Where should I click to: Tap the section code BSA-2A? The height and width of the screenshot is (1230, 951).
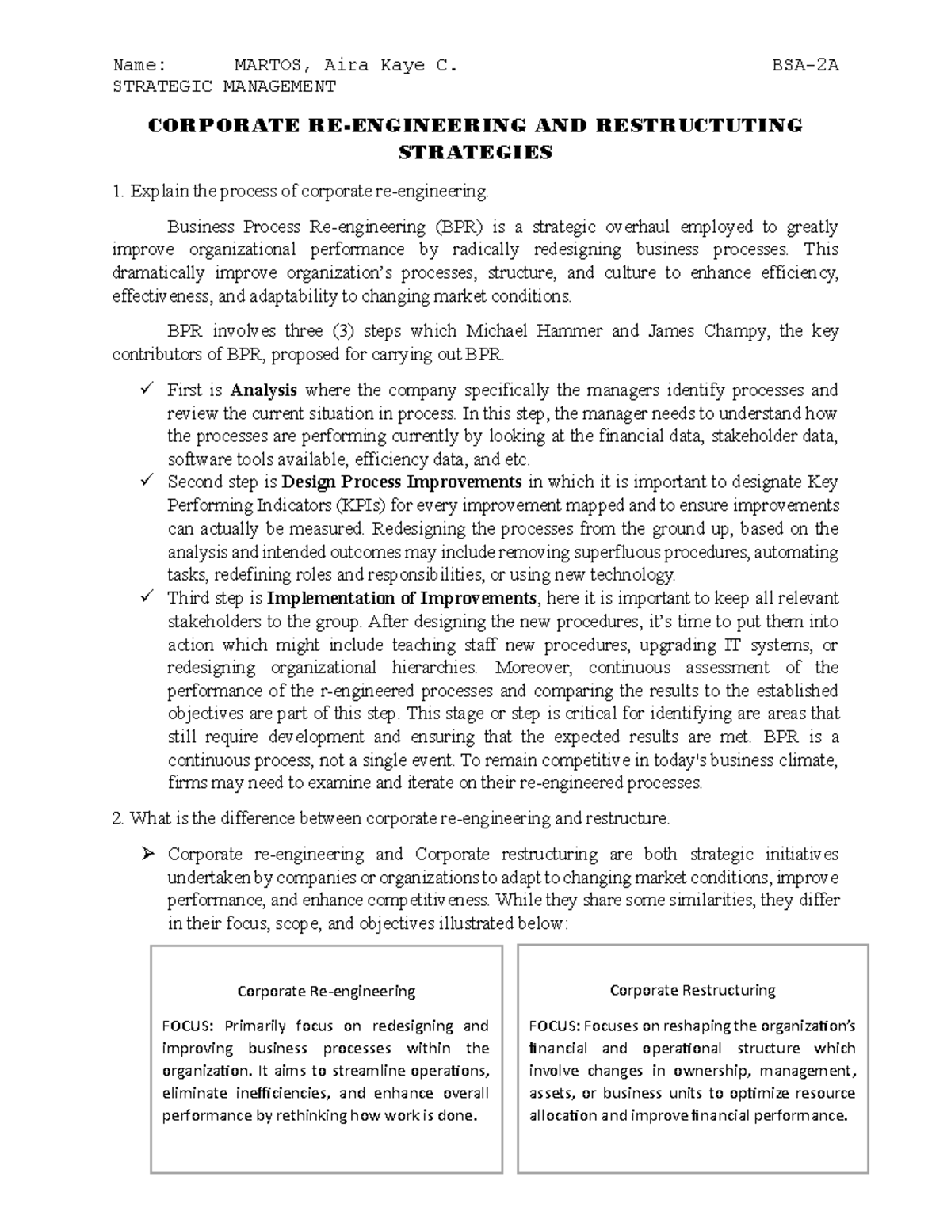(805, 65)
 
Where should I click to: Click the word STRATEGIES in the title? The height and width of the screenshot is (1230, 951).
(475, 152)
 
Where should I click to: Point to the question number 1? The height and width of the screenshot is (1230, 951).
(117, 192)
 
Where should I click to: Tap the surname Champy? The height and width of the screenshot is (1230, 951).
(735, 331)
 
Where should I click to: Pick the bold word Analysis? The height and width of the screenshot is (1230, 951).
(264, 390)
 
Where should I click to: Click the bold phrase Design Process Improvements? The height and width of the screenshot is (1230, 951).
(402, 482)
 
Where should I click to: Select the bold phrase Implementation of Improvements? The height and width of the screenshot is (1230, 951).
(402, 598)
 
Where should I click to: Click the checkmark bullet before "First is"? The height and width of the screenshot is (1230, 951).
(146, 389)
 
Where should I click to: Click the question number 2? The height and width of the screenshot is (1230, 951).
(118, 818)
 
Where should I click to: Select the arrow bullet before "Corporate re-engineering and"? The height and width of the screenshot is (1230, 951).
(147, 854)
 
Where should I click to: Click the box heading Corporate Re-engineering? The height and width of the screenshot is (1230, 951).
(327, 991)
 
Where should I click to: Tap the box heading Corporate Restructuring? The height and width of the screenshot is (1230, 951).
(693, 990)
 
